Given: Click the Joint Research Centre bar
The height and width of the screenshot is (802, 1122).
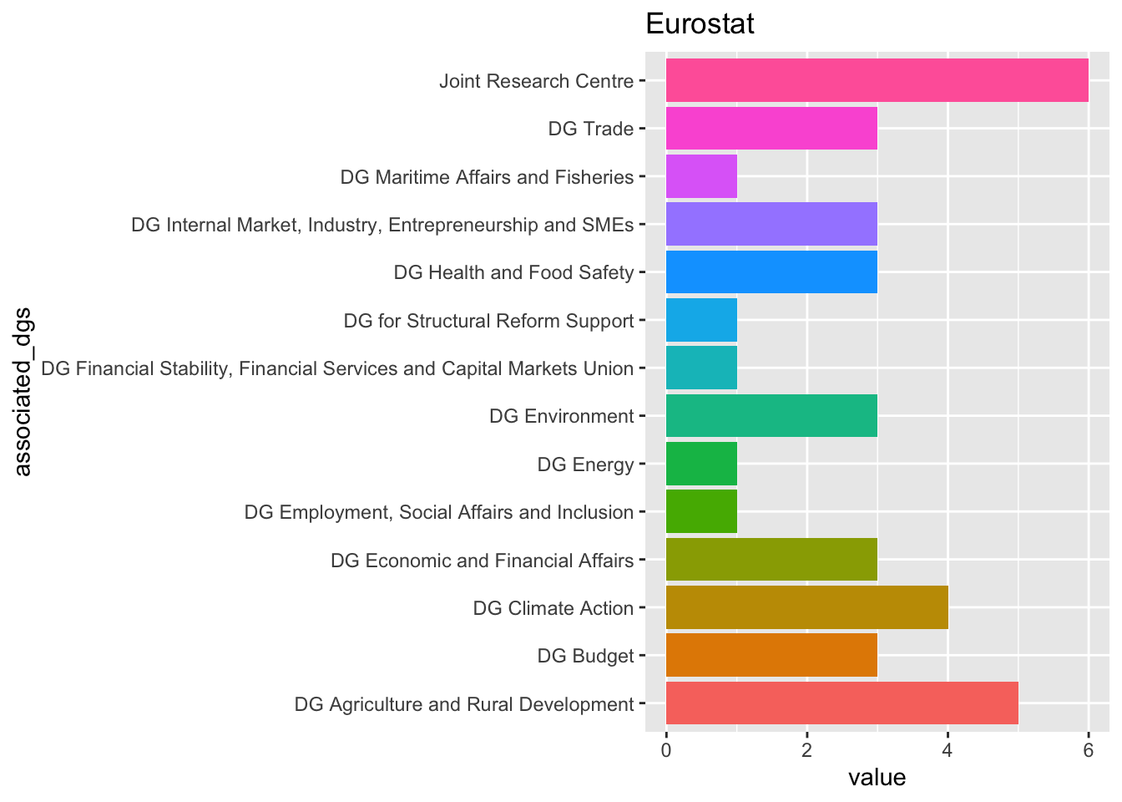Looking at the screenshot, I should coord(877,80).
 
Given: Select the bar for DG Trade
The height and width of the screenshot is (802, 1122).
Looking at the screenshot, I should coord(771,129).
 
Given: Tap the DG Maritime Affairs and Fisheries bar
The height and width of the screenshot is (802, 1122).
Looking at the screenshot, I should coord(701,176).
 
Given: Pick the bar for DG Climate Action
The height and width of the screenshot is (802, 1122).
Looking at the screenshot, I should coord(806,607).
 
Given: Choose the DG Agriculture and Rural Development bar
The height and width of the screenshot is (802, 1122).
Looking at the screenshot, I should coord(841,703).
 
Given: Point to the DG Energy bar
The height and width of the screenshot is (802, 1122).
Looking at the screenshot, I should coord(701,464).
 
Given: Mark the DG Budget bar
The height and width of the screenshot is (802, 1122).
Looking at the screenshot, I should coord(771,655).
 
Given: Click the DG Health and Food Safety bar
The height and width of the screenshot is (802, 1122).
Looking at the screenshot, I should coord(771,272).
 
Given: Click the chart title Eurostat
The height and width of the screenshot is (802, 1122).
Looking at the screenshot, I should coord(700,24).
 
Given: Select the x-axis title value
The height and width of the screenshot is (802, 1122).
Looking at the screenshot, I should coord(877,778).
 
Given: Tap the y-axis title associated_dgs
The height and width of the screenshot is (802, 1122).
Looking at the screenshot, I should coord(23,393).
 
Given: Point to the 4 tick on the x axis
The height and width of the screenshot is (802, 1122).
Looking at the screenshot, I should coord(948,750).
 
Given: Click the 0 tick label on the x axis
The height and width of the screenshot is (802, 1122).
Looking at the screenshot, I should coord(666,750).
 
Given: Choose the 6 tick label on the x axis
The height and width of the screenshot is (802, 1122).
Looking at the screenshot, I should coord(1088,750).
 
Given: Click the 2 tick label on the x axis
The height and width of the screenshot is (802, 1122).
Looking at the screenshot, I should coord(806,750).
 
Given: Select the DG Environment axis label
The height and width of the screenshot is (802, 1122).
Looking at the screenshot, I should coord(561,416).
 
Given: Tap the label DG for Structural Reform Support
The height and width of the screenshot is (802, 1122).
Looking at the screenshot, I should coord(488,321).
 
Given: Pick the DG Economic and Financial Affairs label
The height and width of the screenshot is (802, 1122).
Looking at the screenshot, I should coord(482,560).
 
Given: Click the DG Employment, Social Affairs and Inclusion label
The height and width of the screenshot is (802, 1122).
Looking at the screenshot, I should coord(438,512).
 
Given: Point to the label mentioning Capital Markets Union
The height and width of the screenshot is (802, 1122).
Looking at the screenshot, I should coord(337,368).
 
